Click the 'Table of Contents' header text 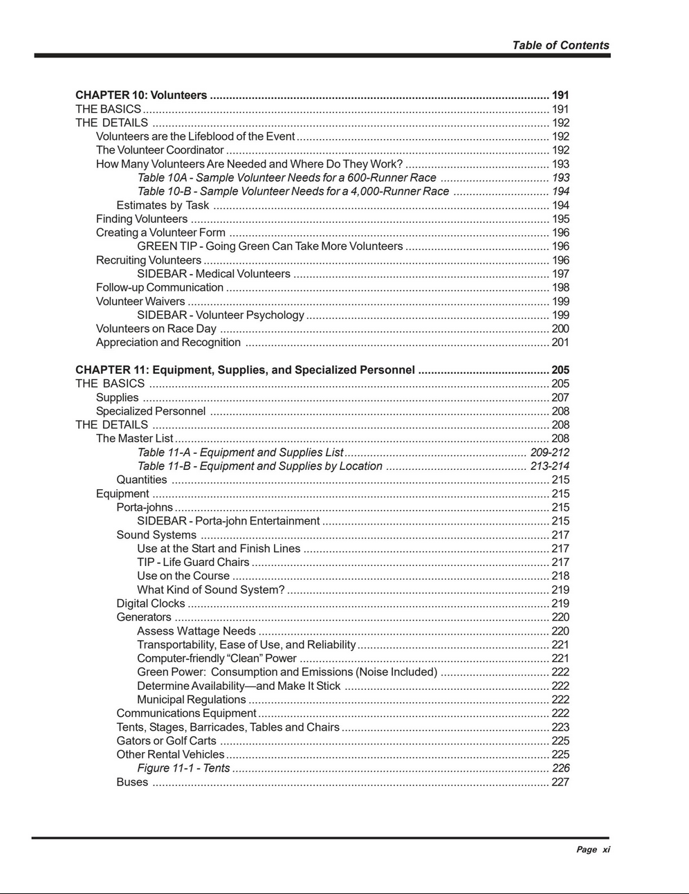[560, 45]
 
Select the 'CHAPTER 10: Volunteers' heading [141, 95]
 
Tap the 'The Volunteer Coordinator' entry [160, 150]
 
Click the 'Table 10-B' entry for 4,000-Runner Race [293, 192]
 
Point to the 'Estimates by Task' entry [163, 206]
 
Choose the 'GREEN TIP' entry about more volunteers [270, 246]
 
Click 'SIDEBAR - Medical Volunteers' [214, 274]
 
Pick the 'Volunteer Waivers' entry [140, 302]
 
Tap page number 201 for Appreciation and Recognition [560, 343]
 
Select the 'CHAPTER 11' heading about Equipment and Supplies [245, 370]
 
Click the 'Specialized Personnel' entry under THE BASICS [151, 411]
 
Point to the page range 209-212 [550, 453]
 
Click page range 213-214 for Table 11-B [550, 466]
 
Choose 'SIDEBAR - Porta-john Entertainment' [228, 521]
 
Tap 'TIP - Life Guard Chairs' [193, 563]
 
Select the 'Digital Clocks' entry [151, 603]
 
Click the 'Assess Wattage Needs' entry [196, 631]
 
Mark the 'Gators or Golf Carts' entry [166, 741]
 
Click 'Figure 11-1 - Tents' [183, 768]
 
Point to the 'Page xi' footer [594, 850]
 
